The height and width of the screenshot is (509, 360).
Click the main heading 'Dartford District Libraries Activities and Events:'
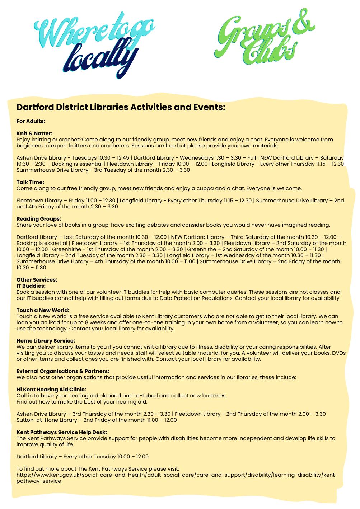pos(121,107)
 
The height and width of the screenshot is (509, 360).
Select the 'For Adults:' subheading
pos(31,121)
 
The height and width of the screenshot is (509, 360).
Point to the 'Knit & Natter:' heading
pos(34,133)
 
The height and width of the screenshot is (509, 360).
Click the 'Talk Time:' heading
pos(30,182)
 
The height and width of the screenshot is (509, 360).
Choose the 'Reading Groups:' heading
pos(39,219)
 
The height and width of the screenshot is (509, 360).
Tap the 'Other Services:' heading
pos(37,280)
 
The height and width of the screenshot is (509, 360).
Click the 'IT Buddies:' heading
pos(31,286)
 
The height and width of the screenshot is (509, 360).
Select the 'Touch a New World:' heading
pos(43,310)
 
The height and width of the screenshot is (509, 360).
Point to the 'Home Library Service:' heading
pos(46,341)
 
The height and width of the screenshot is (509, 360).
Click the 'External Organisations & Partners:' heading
pos(63,371)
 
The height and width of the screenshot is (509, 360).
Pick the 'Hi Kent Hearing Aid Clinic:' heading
pos(51,390)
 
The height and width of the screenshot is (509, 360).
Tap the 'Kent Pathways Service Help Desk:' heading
pos(62,432)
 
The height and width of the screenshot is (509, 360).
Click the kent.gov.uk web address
pos(177,475)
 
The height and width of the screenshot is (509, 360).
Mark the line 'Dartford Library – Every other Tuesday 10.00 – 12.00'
pos(83,457)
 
